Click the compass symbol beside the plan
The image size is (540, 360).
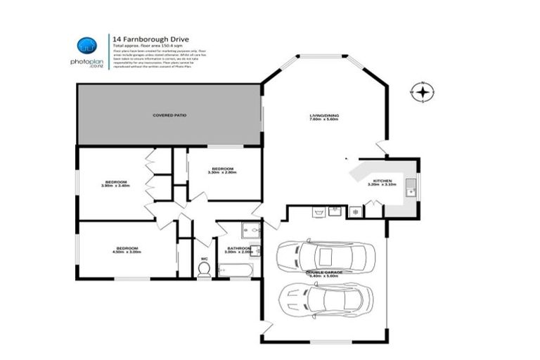point(423,92)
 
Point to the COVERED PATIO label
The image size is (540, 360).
point(169,115)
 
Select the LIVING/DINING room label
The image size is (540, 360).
point(323,117)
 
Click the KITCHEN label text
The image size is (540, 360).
point(382,182)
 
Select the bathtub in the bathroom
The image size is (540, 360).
point(231,269)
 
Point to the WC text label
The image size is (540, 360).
point(205,259)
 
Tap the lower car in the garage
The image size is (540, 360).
point(325,300)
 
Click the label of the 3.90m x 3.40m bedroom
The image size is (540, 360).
point(116,184)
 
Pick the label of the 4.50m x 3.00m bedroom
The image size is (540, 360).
point(127,250)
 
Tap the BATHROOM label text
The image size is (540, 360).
point(239,248)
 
